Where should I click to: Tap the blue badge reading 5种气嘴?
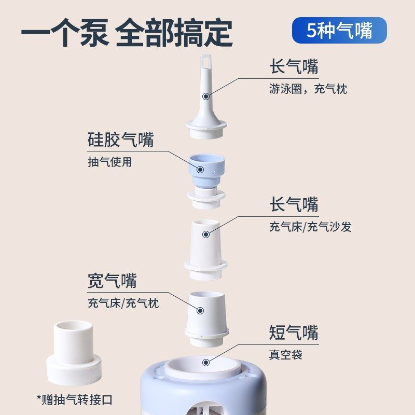click(339, 30)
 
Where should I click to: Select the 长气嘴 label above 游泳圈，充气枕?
click(294, 67)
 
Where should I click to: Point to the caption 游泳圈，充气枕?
click(308, 89)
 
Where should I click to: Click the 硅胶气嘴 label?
click(120, 140)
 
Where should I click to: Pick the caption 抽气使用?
click(110, 162)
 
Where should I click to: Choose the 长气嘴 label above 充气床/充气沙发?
click(294, 204)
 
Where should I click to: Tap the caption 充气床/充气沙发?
click(310, 227)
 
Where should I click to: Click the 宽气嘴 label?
click(112, 281)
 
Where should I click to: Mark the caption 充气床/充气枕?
click(123, 303)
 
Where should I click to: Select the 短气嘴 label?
click(294, 332)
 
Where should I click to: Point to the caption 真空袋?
click(285, 355)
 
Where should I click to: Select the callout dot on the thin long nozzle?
click(206, 96)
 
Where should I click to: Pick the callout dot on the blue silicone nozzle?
click(200, 168)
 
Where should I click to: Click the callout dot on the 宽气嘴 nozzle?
click(200, 310)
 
